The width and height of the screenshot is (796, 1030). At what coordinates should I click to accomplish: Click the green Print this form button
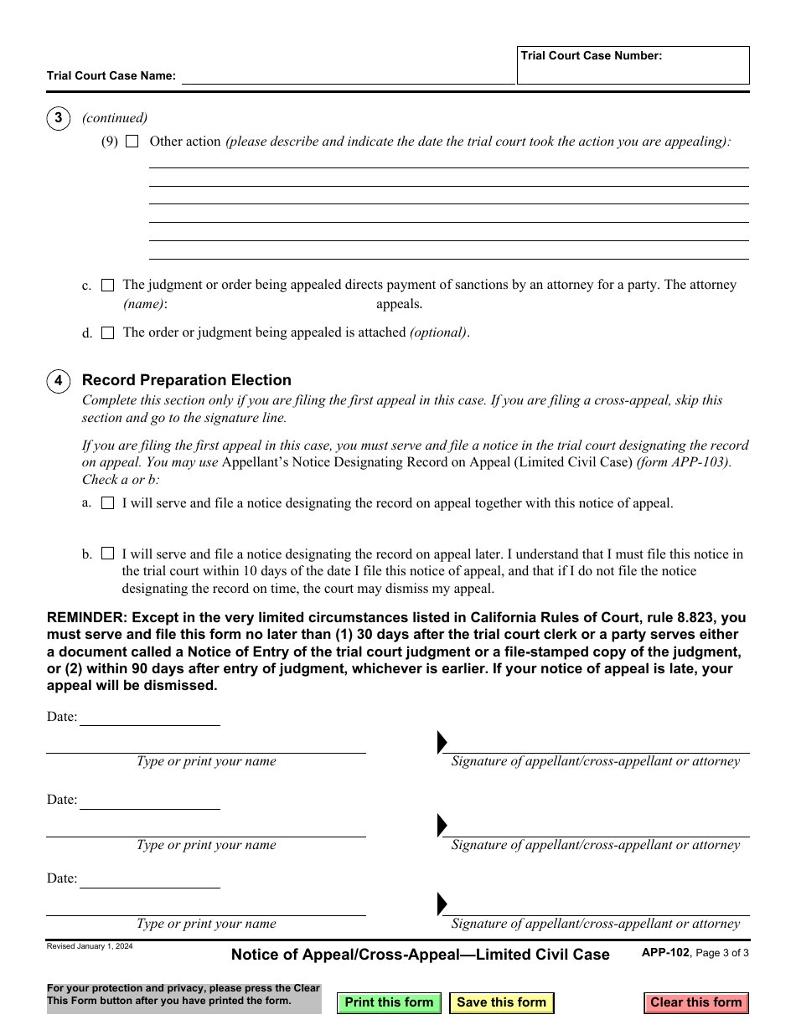coord(389,1002)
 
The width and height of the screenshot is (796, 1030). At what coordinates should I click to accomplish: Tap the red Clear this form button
coord(695,1002)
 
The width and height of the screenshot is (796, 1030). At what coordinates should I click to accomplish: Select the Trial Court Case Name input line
coord(348,76)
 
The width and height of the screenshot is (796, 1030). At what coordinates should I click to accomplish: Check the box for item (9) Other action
coord(132,142)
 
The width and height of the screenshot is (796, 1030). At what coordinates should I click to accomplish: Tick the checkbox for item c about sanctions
coord(108,286)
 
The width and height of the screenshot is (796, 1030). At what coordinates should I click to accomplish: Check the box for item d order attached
coord(108,333)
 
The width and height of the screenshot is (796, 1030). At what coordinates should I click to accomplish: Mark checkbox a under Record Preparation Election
coord(108,503)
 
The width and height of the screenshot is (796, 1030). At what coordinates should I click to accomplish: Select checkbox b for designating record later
coord(108,554)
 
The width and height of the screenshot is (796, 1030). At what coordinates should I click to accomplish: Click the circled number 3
coord(58,119)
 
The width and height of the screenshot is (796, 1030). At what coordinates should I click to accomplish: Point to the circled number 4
coord(58,382)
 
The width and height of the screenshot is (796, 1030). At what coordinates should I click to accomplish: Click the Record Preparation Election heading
coord(187,380)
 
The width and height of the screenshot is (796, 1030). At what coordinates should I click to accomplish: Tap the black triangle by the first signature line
coord(442,742)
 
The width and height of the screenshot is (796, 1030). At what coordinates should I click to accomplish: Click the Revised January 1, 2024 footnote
coord(89,946)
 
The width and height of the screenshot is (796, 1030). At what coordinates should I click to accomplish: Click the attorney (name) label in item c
coord(144,305)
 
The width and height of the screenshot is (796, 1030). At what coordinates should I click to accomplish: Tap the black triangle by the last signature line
coord(442,904)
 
